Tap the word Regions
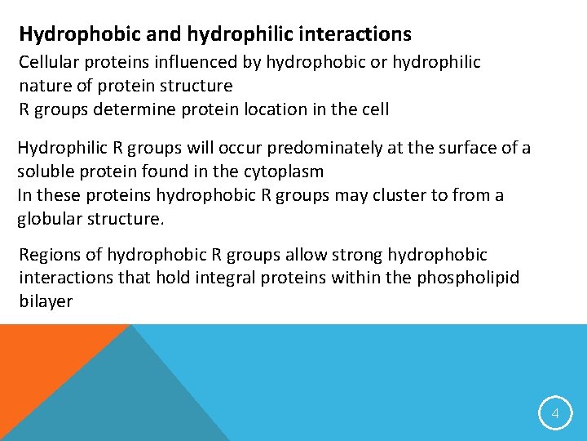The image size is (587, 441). (x=49, y=254)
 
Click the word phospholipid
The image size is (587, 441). (x=467, y=278)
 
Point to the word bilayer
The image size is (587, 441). (x=46, y=301)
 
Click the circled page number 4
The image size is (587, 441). (x=554, y=414)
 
